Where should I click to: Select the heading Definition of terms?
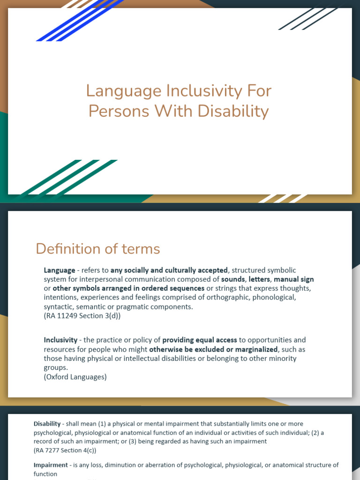point(97,249)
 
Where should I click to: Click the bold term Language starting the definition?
point(60,270)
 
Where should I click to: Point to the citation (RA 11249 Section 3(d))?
point(82,316)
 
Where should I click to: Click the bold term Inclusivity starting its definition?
point(61,340)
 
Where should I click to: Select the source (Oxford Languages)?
point(75,376)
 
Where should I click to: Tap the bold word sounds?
point(233,279)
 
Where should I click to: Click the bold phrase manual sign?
point(294,279)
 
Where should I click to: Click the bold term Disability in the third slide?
point(47,424)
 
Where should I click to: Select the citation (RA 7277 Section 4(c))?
point(65,450)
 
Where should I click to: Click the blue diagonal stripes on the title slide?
point(80,21)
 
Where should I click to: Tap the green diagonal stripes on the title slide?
point(70,177)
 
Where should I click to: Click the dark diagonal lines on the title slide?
point(309,18)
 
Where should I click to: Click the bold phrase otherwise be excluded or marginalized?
point(213,349)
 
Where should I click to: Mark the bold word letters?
point(259,279)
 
